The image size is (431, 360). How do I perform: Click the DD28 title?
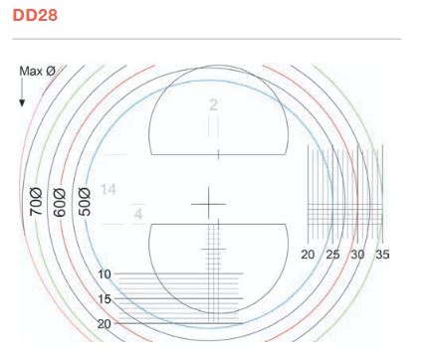(35, 15)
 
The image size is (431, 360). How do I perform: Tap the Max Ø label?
(37, 71)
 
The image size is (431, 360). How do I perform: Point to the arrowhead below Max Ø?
(22, 103)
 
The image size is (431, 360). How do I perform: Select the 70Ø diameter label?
(36, 202)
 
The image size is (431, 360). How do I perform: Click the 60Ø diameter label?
(60, 203)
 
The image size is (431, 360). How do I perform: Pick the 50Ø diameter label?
(85, 202)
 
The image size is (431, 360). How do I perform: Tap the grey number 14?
(108, 190)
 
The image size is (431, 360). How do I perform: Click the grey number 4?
(138, 215)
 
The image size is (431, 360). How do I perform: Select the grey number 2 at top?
(213, 105)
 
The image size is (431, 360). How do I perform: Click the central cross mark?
(209, 204)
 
